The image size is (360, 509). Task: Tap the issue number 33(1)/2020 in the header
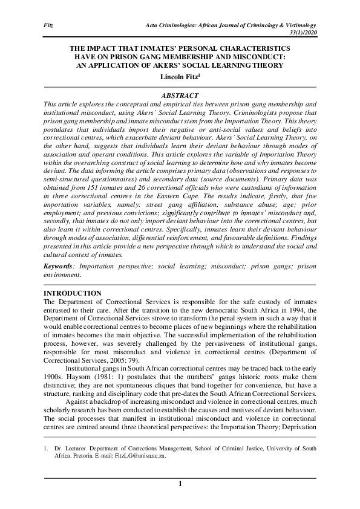click(x=301, y=31)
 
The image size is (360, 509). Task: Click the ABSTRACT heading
click(x=180, y=96)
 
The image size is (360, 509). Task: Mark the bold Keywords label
click(x=60, y=265)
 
